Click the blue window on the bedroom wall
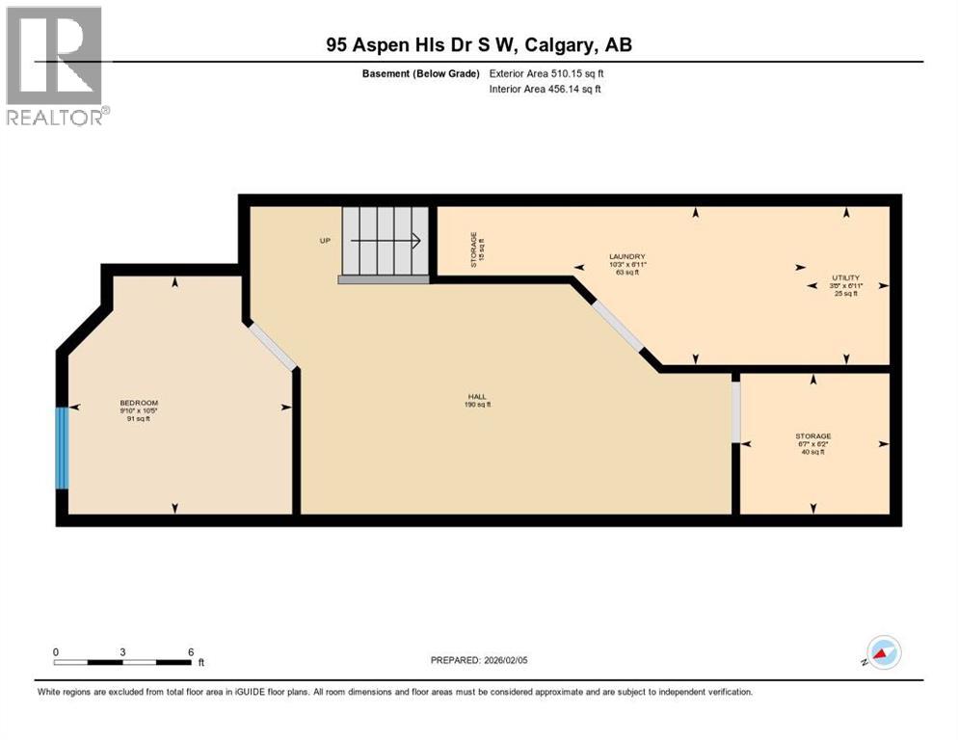click(x=62, y=448)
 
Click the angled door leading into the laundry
click(x=617, y=325)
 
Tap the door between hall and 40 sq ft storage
click(x=735, y=412)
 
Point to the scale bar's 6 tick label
click(x=191, y=651)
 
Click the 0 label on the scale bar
click(x=56, y=651)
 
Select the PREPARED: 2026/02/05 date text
click(x=478, y=660)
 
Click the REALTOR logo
click(x=55, y=65)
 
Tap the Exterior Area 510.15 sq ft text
click(x=546, y=73)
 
